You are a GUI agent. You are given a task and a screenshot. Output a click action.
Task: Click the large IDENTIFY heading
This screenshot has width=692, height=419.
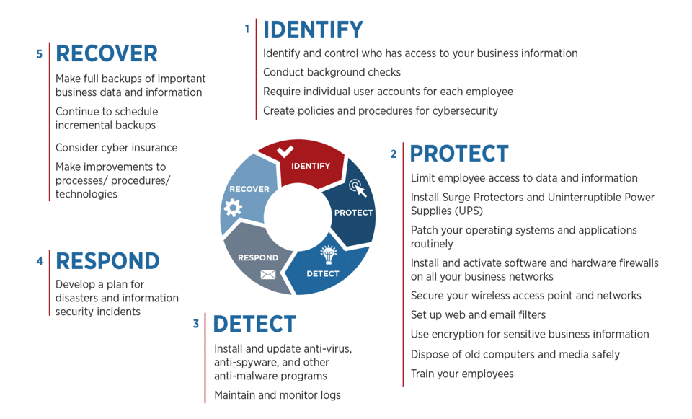(313, 30)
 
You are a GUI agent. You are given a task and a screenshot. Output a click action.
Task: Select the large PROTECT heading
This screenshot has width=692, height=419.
(459, 154)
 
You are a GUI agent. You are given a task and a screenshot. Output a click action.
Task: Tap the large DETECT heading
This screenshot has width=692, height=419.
(254, 324)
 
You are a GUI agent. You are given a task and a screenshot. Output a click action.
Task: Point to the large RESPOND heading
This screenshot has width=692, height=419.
(107, 261)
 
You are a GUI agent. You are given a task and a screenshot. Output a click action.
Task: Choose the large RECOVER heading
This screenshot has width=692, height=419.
(107, 53)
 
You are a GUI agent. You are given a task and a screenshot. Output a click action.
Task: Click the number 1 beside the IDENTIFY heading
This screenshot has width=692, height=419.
(247, 29)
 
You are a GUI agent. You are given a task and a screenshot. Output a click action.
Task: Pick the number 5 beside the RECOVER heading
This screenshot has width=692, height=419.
(39, 54)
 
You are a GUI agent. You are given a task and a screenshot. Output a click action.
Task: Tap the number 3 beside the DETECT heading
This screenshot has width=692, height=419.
(196, 324)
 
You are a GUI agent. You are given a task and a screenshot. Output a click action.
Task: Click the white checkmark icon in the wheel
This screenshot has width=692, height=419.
(285, 151)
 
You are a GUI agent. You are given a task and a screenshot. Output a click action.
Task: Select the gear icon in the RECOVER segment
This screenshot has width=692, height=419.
(233, 208)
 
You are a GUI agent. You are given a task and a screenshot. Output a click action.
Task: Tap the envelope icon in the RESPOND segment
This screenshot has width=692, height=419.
(268, 275)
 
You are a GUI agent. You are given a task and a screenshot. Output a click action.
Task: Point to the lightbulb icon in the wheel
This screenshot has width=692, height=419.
(329, 255)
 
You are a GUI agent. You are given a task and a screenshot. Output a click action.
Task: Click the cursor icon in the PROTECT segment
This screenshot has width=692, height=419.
(358, 188)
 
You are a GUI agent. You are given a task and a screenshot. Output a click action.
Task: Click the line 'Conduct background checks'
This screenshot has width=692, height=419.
(332, 72)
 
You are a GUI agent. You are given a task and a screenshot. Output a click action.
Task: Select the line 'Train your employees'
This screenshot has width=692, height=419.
(462, 374)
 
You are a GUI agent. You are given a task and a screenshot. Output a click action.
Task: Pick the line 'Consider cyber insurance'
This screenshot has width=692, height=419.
(117, 148)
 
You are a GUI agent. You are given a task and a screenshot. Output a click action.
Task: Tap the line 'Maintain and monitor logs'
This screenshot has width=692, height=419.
(277, 395)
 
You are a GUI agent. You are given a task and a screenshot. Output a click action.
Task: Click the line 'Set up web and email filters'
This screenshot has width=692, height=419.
(478, 315)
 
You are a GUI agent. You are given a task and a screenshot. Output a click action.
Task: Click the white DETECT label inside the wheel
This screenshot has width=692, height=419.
(323, 274)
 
